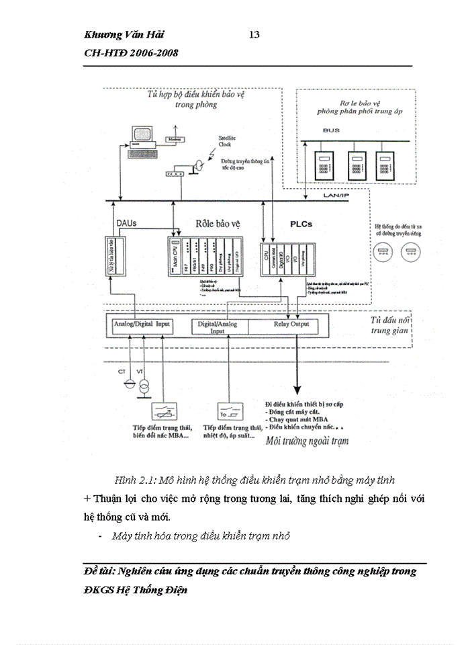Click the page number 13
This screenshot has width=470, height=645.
tap(254, 35)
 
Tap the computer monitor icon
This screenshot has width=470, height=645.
tap(142, 134)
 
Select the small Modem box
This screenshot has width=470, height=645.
tap(175, 139)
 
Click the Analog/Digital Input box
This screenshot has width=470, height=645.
tap(143, 324)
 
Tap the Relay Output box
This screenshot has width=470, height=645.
tap(291, 324)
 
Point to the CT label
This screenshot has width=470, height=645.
tap(122, 371)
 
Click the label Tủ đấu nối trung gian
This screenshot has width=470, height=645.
tap(389, 325)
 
